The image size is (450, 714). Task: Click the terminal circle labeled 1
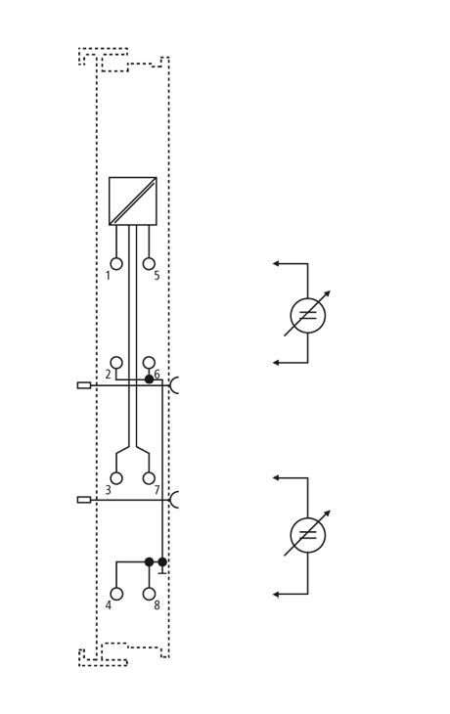(x=116, y=264)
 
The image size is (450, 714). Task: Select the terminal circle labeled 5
(x=149, y=264)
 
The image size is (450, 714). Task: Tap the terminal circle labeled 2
(x=116, y=363)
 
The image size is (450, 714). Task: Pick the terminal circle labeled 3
(x=116, y=478)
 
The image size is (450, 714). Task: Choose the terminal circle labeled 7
(x=149, y=478)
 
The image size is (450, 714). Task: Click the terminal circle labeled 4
(x=116, y=594)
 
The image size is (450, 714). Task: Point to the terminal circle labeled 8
(x=149, y=594)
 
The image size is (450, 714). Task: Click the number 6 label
(x=157, y=375)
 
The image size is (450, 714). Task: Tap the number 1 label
(x=108, y=276)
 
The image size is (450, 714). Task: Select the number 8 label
(x=157, y=605)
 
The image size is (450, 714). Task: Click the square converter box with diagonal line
(x=132, y=201)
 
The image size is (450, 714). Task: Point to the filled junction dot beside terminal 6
(x=149, y=379)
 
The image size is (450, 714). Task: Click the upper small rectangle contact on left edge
(x=84, y=385)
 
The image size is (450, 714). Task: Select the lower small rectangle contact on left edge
(x=84, y=500)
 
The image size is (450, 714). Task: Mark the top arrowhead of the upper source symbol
(x=276, y=263)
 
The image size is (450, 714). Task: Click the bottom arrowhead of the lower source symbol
(x=276, y=594)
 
